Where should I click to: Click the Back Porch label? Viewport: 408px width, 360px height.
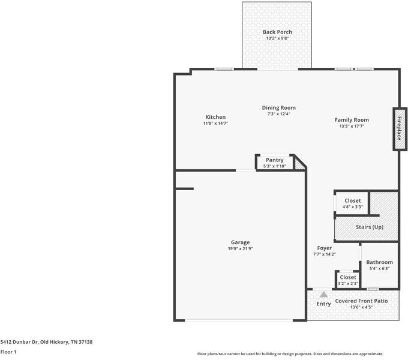(x=277, y=32)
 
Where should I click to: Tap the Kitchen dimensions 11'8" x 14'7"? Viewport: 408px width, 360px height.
(x=215, y=123)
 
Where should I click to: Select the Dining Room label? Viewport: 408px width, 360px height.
(x=278, y=107)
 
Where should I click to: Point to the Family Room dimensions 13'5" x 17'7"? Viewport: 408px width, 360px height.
(x=352, y=126)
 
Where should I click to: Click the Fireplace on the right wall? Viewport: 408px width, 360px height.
(x=400, y=129)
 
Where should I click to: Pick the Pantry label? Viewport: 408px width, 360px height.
(x=275, y=160)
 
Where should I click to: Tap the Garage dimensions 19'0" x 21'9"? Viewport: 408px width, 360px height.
(x=240, y=248)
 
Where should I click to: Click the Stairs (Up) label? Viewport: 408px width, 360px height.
(x=370, y=227)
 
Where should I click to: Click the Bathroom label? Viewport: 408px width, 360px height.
(x=379, y=262)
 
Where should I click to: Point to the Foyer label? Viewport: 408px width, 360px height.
(x=324, y=248)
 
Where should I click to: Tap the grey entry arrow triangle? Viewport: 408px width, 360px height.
(x=323, y=295)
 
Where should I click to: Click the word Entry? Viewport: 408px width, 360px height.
(x=323, y=304)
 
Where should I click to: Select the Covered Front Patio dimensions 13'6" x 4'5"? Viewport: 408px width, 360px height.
(x=361, y=307)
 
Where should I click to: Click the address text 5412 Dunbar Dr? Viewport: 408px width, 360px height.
(x=19, y=342)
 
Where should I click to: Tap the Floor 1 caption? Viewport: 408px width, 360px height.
(x=8, y=352)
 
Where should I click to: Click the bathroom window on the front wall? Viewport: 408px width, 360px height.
(x=373, y=289)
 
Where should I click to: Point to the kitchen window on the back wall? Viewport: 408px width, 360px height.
(x=224, y=69)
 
